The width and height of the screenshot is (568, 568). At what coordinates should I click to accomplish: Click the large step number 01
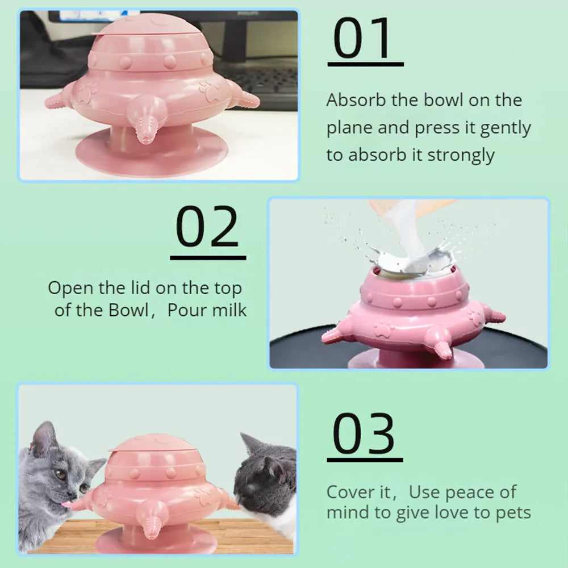coord(364,39)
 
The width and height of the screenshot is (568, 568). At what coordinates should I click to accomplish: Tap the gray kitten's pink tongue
coord(67,504)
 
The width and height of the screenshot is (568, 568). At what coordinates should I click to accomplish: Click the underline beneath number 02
coord(208,257)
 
